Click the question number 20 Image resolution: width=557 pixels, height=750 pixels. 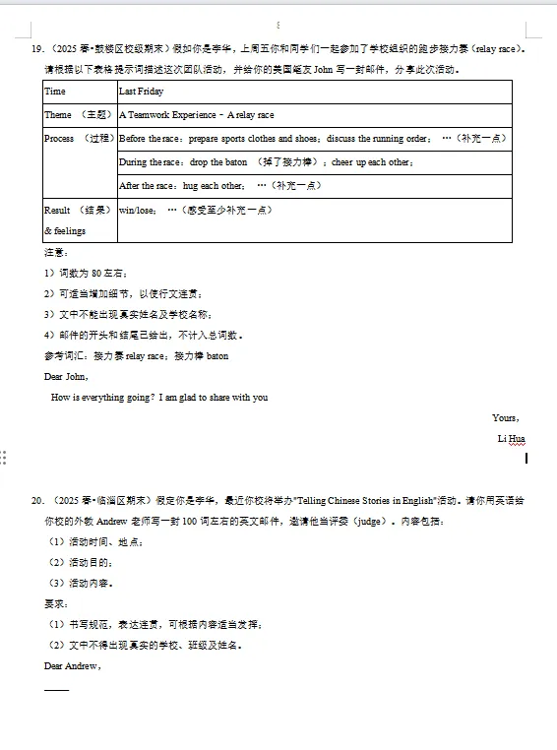pos(38,500)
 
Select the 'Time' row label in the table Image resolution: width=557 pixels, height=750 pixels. pos(55,92)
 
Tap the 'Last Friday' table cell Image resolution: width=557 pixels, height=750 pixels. pos(141,92)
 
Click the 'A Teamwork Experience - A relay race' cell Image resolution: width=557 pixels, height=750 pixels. pos(196,115)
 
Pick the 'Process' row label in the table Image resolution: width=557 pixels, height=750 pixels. pos(59,139)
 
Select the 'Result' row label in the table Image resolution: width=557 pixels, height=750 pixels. pos(57,210)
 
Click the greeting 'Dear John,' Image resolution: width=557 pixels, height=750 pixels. pos(67,376)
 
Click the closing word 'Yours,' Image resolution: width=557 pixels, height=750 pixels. pos(506,418)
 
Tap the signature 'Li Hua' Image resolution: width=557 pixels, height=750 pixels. pos(511,439)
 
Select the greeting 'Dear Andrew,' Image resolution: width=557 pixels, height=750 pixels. pos(72,666)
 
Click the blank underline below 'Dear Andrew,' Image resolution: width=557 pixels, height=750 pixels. pos(57,688)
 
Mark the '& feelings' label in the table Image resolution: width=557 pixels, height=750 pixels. pos(66,231)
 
